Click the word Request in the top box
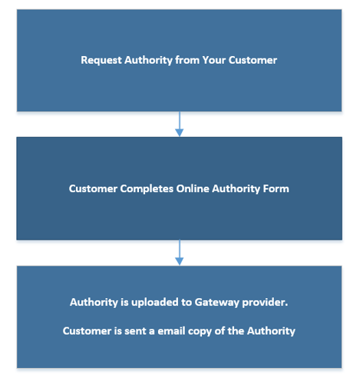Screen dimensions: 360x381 (x=101, y=61)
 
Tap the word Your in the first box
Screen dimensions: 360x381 (x=214, y=60)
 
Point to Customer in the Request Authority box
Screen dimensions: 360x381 (x=253, y=60)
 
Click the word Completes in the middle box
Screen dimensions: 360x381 (x=147, y=189)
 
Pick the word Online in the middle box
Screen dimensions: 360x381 (x=193, y=189)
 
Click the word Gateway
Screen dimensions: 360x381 (x=217, y=303)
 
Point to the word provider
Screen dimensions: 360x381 (x=265, y=303)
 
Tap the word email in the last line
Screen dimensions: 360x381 (x=171, y=331)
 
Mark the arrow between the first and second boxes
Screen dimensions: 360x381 (x=180, y=124)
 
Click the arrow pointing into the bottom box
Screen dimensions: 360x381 (x=180, y=253)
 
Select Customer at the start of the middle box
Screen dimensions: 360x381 (x=93, y=189)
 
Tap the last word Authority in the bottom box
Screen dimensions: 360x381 (x=271, y=332)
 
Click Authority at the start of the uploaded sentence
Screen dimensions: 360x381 (x=94, y=303)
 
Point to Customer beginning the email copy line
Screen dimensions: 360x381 (x=88, y=331)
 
